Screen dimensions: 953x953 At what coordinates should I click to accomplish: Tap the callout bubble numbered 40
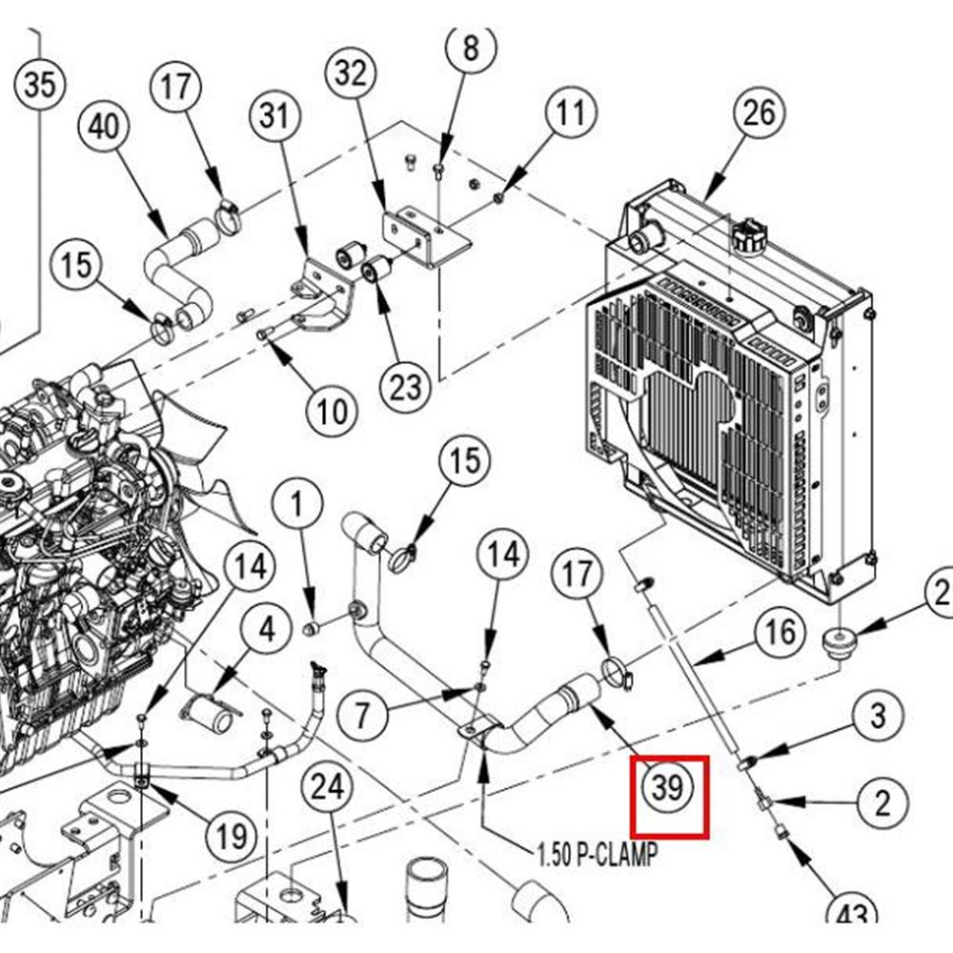tap(107, 127)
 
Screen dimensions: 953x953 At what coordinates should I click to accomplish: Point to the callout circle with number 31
tap(274, 116)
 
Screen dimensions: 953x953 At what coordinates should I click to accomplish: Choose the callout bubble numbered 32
tap(351, 72)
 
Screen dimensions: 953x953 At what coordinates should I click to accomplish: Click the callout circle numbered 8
tap(471, 48)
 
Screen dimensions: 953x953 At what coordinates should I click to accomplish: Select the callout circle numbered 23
tap(405, 387)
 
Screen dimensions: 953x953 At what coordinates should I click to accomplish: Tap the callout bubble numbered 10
tap(333, 412)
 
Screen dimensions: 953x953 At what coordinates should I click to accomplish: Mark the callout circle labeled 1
tap(299, 502)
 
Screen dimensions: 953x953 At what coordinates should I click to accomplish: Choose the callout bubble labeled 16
tap(780, 632)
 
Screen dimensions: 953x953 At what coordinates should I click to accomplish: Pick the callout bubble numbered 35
tap(39, 86)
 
